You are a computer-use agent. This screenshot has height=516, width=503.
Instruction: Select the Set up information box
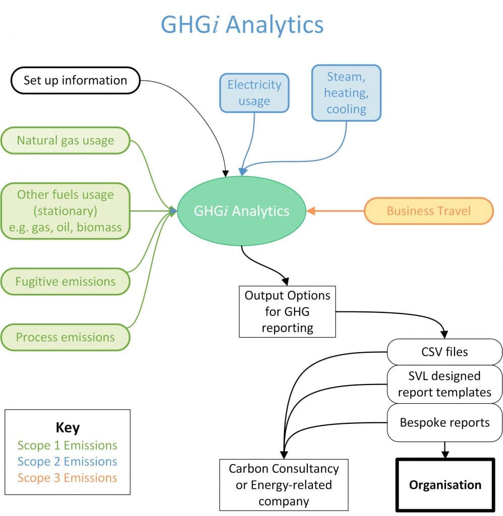[75, 81]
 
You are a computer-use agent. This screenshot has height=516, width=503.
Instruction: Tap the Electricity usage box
[254, 93]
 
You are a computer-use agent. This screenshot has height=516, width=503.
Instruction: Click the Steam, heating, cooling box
[346, 93]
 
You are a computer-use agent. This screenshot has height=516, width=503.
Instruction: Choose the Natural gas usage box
[66, 140]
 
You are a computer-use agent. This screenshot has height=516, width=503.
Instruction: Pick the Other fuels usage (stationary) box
[66, 211]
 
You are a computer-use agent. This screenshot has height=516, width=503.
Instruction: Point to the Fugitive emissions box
[66, 281]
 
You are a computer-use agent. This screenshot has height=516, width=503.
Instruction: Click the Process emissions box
[66, 337]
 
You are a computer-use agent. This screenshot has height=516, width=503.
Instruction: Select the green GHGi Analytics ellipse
[242, 211]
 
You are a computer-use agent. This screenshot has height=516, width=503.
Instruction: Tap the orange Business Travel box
[428, 211]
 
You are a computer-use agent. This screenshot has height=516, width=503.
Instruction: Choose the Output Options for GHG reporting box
[287, 311]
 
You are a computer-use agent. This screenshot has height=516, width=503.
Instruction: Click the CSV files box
[444, 352]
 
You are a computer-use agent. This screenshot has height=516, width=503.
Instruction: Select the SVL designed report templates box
[444, 384]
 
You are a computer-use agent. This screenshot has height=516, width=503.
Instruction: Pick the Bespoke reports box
[444, 422]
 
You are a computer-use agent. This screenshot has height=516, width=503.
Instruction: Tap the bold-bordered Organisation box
[445, 485]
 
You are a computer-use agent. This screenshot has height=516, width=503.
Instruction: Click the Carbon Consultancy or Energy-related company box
[284, 485]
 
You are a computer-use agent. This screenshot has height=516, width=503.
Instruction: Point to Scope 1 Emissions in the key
[67, 445]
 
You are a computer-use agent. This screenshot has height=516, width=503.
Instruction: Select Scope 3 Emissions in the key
[67, 478]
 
